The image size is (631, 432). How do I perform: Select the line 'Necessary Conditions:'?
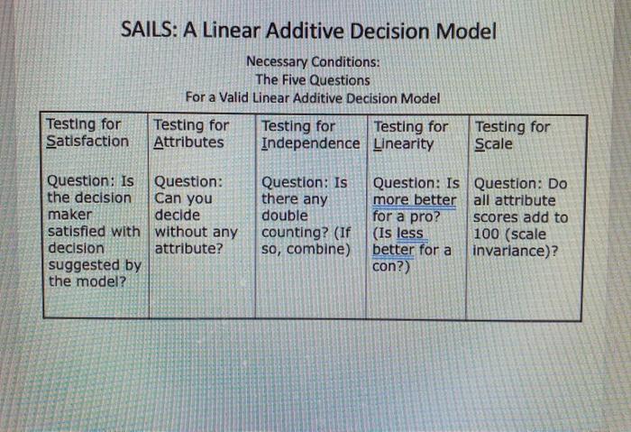pos(313,63)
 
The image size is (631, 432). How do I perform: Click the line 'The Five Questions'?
pos(313,80)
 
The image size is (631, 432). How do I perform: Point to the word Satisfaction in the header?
pos(87,142)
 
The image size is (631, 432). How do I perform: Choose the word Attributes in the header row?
pos(188,142)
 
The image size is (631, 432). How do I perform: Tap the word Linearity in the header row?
pos(403,143)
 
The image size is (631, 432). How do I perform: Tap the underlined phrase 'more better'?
pos(414,200)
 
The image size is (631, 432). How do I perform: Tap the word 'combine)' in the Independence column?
pos(319,248)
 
